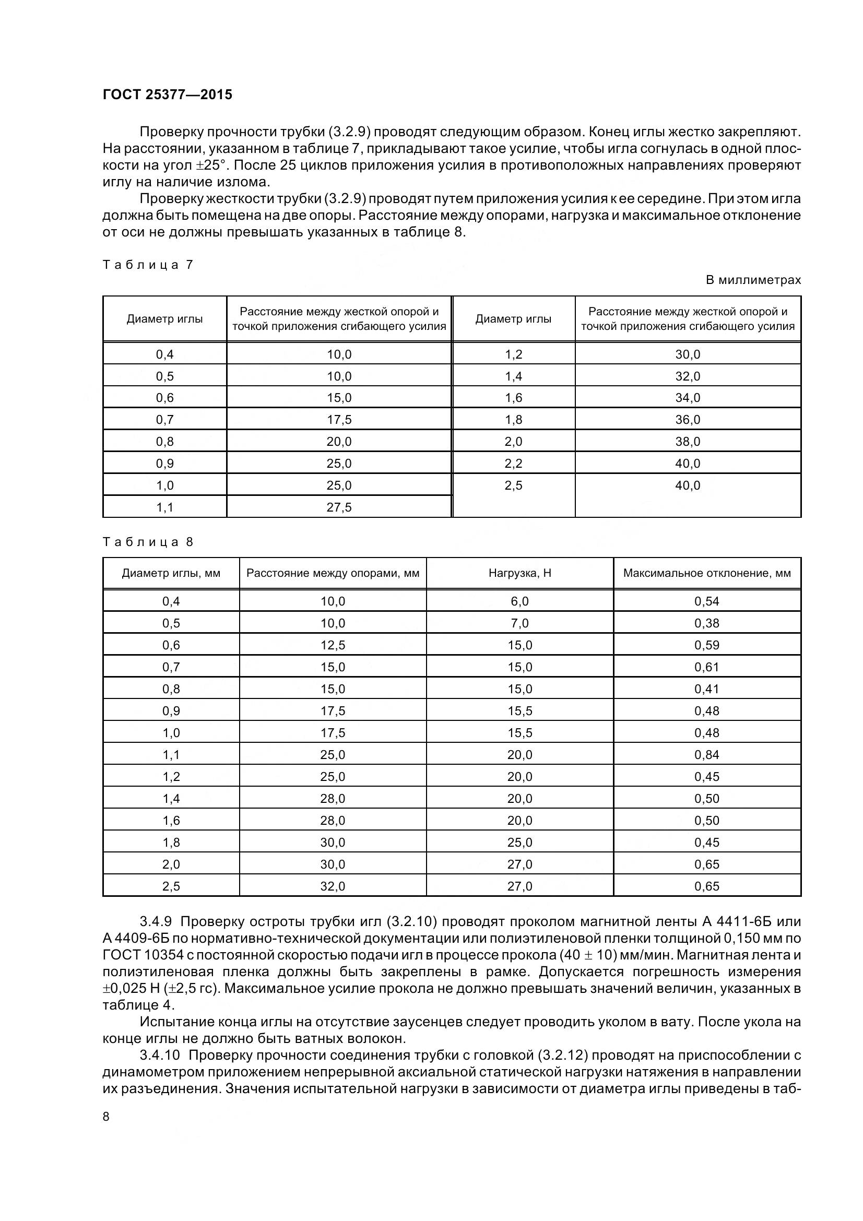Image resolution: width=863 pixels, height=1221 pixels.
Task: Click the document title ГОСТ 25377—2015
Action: pos(167,94)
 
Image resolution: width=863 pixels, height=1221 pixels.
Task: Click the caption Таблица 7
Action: pos(147,265)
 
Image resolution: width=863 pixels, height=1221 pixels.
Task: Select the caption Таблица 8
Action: pos(147,542)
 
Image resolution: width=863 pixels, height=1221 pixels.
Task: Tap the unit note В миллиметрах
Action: pos(753,280)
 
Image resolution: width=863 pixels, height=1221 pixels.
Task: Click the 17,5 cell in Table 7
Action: pos(339,420)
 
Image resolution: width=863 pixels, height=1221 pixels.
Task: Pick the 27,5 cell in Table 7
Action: pos(339,507)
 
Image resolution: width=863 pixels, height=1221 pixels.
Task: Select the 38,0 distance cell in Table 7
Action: pos(688,442)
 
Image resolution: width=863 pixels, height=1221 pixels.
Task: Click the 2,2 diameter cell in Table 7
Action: pos(513,463)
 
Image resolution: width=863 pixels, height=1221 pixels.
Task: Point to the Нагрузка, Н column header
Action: pos(519,573)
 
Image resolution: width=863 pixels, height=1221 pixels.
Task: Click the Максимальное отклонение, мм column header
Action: pos(707,573)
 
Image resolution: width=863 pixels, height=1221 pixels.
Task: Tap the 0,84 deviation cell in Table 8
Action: pos(707,755)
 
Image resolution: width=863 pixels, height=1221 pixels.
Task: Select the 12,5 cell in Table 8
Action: pos(333,645)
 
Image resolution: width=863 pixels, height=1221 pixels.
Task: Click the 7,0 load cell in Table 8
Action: pos(519,623)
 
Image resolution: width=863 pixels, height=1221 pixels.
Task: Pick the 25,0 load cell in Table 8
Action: pos(519,843)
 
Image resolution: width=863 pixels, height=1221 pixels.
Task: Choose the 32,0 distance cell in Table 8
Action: pos(333,886)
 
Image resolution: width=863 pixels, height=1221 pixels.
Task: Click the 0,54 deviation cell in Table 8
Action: pos(707,601)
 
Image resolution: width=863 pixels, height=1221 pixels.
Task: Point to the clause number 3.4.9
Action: pos(157,921)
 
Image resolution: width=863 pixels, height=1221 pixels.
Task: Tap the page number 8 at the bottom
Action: pos(106,1117)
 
